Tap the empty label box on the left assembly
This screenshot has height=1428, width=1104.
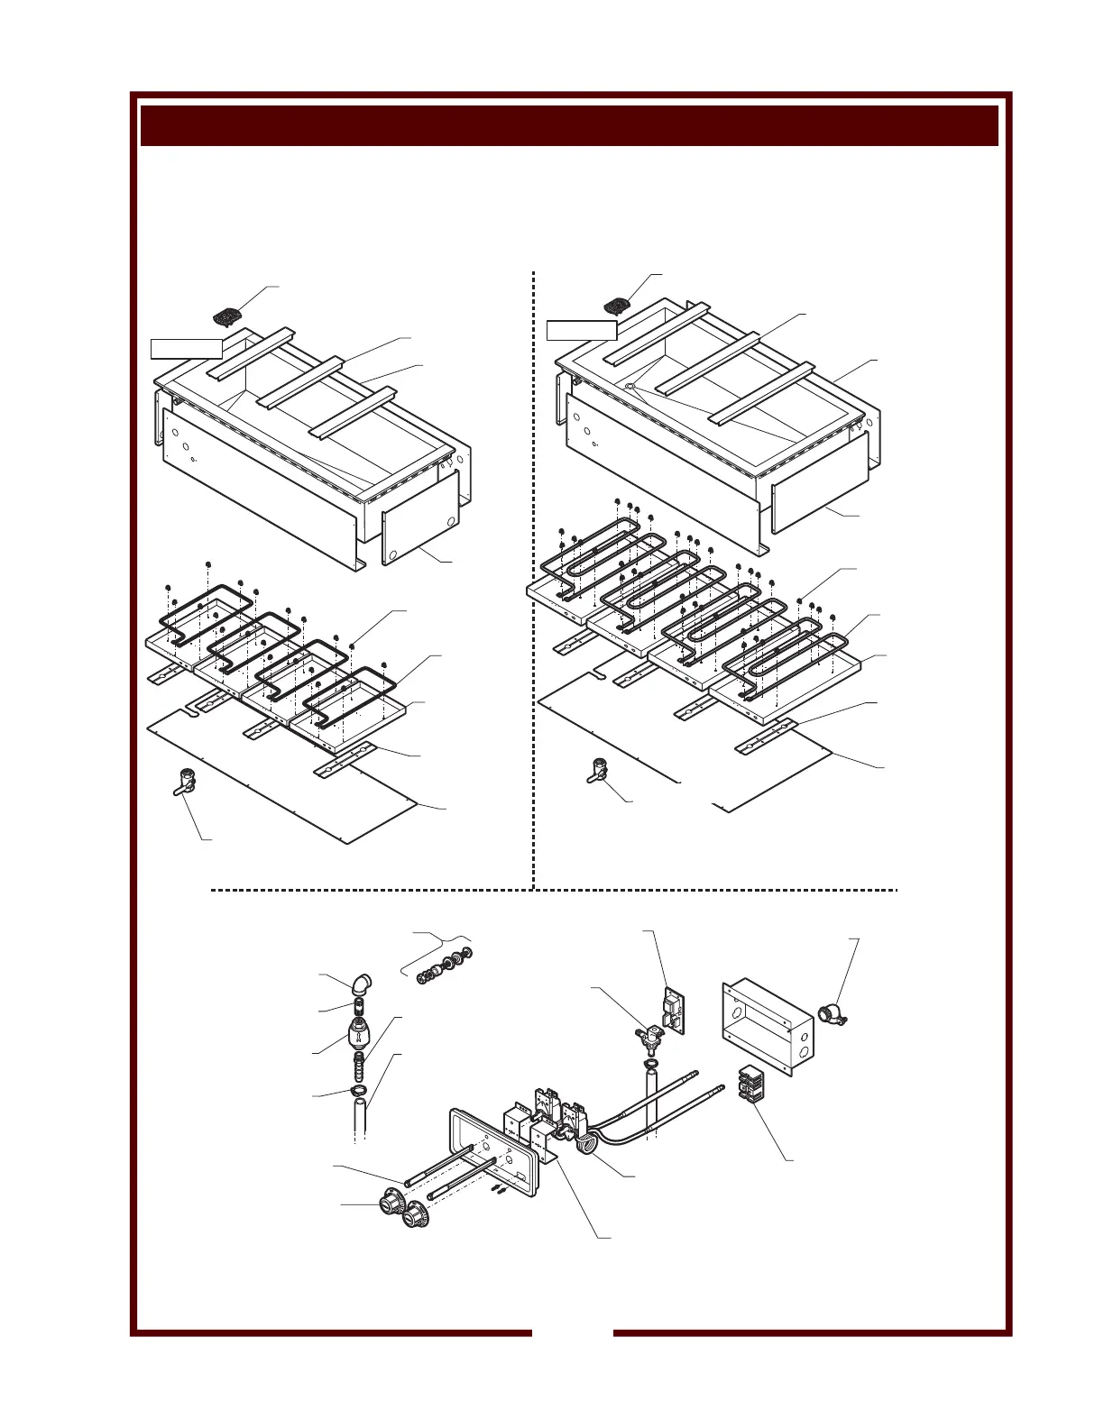(x=186, y=348)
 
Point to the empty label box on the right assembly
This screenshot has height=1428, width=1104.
(x=582, y=330)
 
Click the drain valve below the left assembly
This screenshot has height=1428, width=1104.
(x=184, y=781)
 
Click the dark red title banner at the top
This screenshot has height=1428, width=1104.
(x=569, y=125)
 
